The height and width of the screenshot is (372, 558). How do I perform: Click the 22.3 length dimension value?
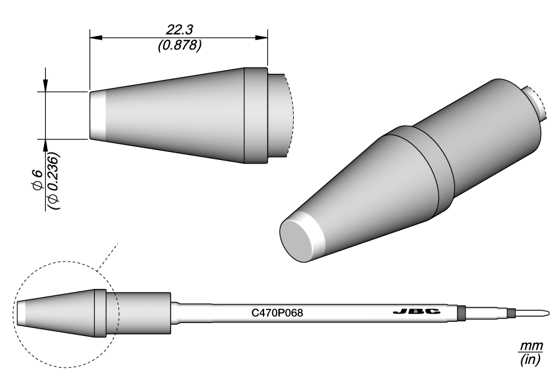179,30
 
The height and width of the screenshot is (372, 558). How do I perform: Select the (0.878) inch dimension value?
179,46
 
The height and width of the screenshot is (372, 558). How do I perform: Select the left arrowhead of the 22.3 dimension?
95,38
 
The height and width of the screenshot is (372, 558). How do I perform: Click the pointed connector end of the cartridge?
540,312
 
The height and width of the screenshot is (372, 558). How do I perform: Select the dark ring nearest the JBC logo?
460,312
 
